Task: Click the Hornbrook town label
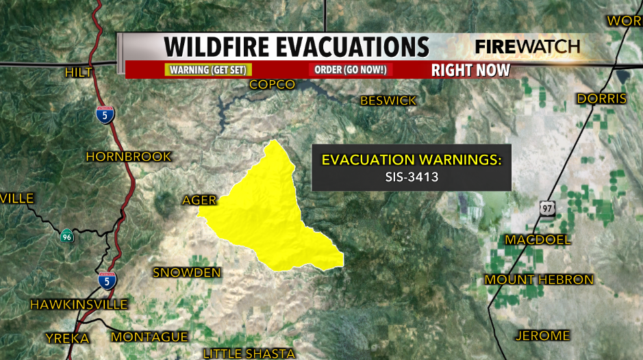[129, 157]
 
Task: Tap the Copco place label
[272, 85]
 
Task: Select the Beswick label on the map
[388, 101]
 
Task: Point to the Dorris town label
[601, 99]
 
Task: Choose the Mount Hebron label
[539, 280]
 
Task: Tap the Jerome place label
[542, 335]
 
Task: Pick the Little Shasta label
[249, 354]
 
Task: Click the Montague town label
[149, 337]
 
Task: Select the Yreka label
[67, 338]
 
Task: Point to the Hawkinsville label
[79, 304]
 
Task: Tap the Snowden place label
[187, 273]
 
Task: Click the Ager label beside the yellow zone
[199, 201]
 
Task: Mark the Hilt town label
[78, 73]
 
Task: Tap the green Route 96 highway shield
[65, 236]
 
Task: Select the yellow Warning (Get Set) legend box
[209, 70]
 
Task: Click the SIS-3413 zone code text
[412, 176]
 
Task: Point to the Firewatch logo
[527, 47]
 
